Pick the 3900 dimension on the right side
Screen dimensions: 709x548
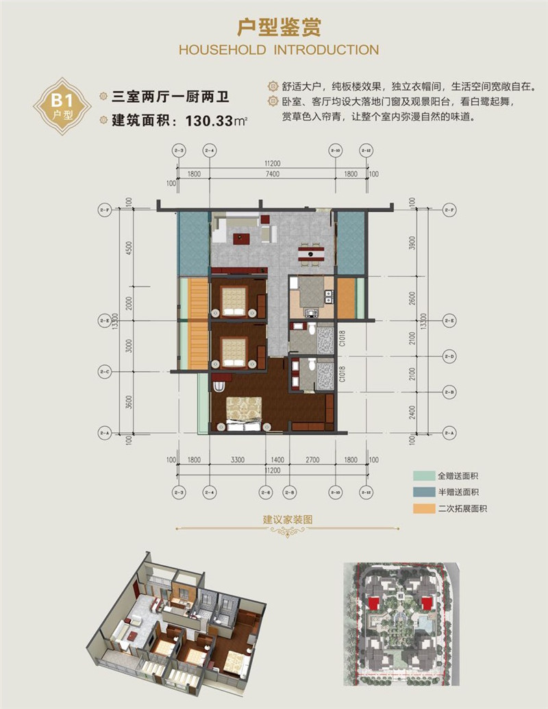coord(412,245)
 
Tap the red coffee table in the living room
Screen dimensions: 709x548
coord(240,239)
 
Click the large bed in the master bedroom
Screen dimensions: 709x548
coord(244,412)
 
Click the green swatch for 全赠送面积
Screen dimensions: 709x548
coord(419,475)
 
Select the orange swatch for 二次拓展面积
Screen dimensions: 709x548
coord(419,509)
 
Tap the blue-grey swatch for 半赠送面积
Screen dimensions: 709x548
coord(419,492)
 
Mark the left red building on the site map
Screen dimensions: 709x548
coord(374,603)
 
